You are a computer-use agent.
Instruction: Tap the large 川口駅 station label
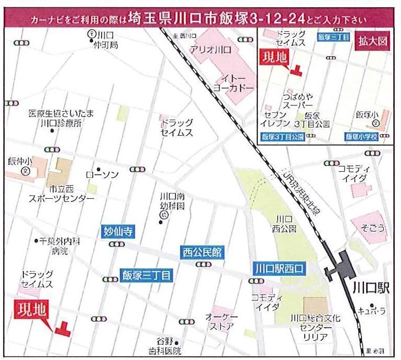point(370,288)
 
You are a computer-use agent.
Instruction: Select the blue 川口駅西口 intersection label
point(280,269)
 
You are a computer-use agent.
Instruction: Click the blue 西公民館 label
point(202,253)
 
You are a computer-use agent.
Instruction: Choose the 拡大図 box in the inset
point(373,42)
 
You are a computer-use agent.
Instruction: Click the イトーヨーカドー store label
point(233,83)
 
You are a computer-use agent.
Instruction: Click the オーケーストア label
point(221,322)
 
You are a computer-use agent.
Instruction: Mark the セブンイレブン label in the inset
point(276,119)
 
